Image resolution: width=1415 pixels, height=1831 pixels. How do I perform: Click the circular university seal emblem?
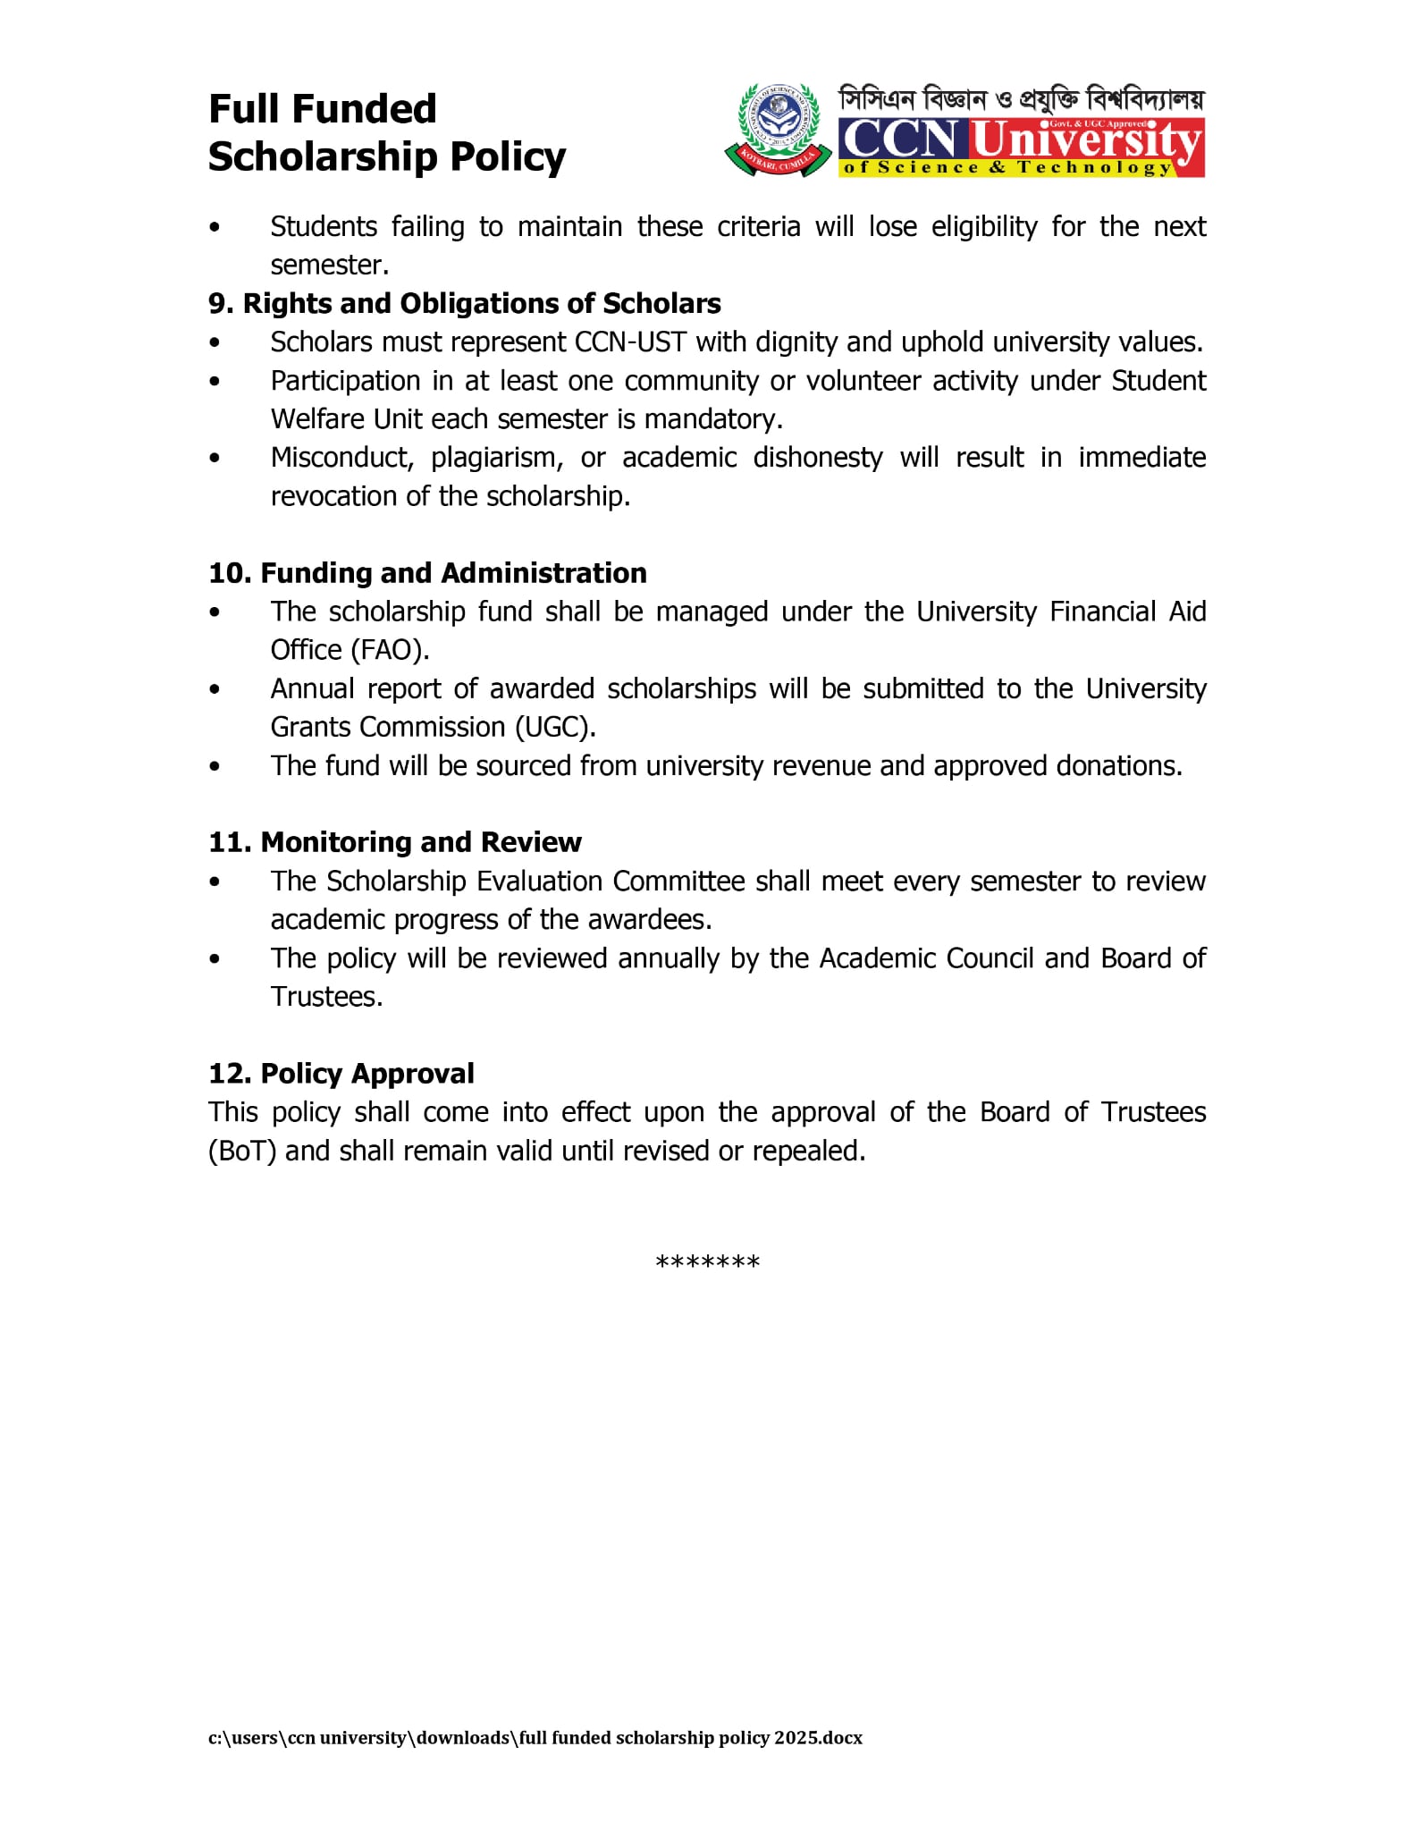tap(777, 129)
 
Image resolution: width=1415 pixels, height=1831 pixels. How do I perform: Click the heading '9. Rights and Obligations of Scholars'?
tap(464, 304)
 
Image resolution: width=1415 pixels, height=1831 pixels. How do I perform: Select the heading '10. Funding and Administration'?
tap(427, 573)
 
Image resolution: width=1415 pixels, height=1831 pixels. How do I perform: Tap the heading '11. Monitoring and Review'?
tap(394, 842)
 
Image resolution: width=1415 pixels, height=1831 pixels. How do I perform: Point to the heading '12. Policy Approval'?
tap(341, 1073)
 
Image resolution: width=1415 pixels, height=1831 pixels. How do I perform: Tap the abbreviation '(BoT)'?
tap(242, 1151)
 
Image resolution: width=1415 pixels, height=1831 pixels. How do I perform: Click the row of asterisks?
tap(707, 1262)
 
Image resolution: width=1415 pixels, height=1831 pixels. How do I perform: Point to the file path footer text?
tap(535, 1738)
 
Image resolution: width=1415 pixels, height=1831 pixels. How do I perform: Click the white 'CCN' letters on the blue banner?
tap(901, 139)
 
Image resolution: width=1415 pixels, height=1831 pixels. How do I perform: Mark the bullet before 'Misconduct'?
tap(215, 459)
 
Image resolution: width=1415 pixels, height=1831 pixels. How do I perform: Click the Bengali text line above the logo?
tap(1021, 99)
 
